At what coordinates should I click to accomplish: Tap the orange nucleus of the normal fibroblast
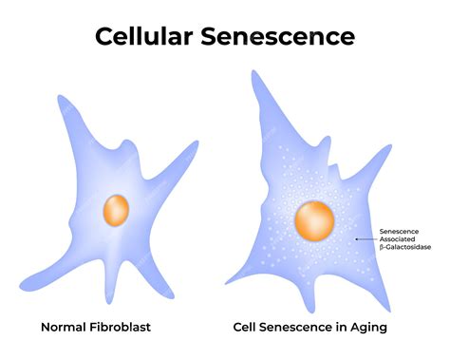click(x=117, y=208)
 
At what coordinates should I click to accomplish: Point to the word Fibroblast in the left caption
click(x=122, y=328)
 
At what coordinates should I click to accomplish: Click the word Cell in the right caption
click(x=248, y=328)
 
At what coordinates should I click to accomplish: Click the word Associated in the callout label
click(x=399, y=238)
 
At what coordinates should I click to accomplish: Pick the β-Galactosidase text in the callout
click(x=405, y=247)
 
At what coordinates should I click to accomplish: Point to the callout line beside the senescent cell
click(x=366, y=238)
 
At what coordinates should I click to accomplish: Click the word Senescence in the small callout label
click(x=400, y=231)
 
